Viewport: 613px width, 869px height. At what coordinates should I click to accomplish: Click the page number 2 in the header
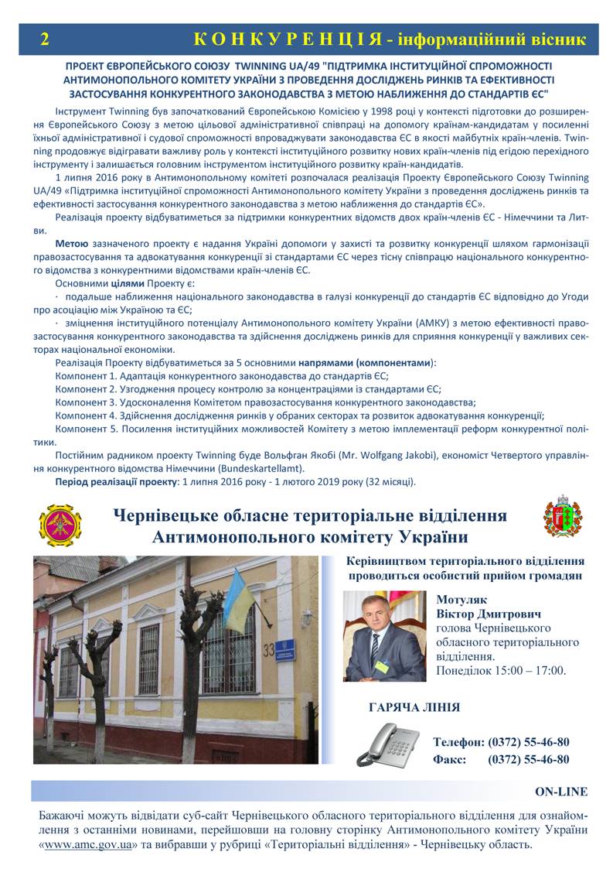point(45,39)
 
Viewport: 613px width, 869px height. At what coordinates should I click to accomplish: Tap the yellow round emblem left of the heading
point(60,526)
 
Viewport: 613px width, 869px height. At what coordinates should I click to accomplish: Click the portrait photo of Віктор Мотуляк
point(384,636)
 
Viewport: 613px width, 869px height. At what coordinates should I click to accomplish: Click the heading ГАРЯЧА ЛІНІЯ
point(414,707)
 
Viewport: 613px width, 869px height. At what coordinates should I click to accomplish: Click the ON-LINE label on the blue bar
point(560,792)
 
